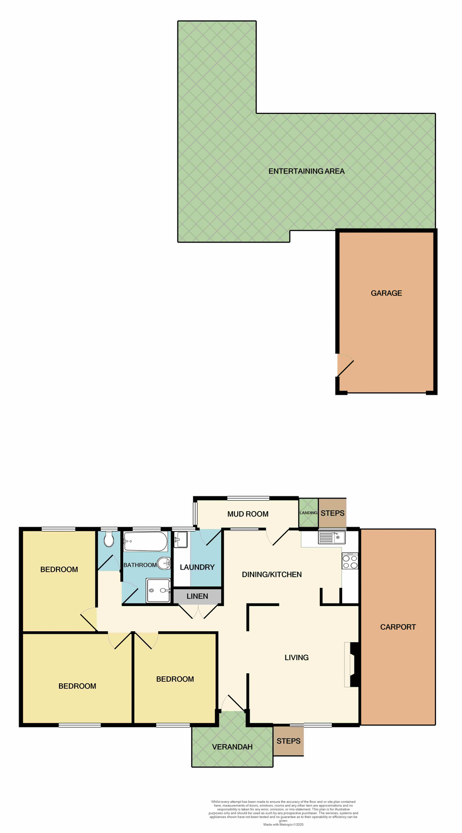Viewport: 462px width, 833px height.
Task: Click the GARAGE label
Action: tap(386, 293)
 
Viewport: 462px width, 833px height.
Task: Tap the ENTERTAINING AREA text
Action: tap(306, 171)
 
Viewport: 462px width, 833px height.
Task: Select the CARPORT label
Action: tap(398, 627)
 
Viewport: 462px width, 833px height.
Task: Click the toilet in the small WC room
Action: tap(109, 540)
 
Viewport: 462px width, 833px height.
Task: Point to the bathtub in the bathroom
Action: tap(145, 541)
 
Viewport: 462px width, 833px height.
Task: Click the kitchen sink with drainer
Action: tap(332, 538)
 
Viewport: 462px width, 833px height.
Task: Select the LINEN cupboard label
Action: tap(197, 596)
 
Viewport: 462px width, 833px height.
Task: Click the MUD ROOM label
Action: tap(248, 514)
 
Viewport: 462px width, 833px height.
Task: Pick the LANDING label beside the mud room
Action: tap(308, 513)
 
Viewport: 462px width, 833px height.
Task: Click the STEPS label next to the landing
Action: tap(333, 513)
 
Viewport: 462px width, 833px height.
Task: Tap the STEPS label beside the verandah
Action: tap(288, 741)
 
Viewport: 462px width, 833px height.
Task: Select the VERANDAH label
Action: tap(232, 747)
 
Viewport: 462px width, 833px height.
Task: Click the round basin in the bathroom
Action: tap(164, 563)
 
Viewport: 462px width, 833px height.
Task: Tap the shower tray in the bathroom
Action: tap(158, 590)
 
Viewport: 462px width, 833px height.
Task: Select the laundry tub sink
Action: tap(180, 541)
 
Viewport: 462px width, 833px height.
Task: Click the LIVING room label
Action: tap(297, 658)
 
